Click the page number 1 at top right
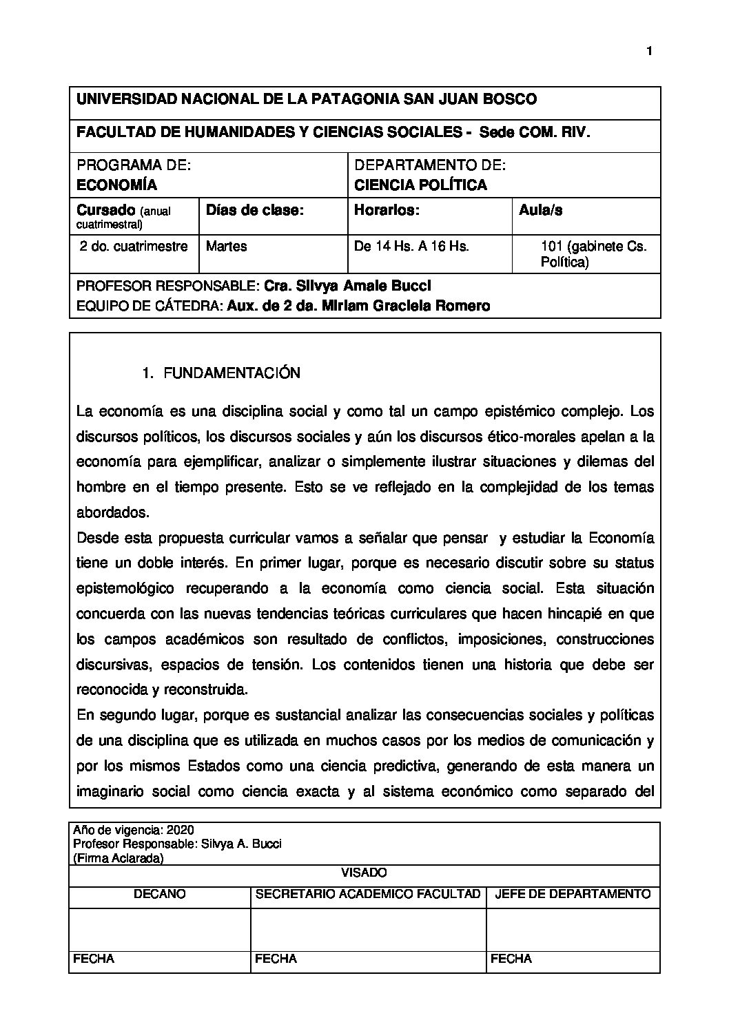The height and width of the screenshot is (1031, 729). click(x=649, y=51)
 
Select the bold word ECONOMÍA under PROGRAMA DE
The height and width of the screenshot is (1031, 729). click(x=116, y=185)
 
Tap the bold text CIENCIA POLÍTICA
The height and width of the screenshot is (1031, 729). click(x=420, y=185)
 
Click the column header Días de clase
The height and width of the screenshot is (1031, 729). click(x=255, y=211)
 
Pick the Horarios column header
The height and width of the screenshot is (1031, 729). click(x=387, y=211)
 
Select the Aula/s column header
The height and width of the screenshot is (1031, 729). click(x=540, y=211)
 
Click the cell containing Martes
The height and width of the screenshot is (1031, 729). click(x=226, y=246)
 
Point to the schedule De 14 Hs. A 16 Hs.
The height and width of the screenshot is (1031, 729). click(x=411, y=246)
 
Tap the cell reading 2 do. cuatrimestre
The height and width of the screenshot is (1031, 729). click(x=134, y=246)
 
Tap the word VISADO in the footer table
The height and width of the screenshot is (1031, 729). click(x=364, y=873)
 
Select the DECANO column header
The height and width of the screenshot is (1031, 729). click(x=159, y=894)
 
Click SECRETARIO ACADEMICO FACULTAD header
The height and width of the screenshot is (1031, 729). click(x=368, y=894)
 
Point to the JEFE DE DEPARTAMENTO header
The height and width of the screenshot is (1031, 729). click(x=573, y=894)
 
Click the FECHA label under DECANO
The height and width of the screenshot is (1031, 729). click(x=94, y=958)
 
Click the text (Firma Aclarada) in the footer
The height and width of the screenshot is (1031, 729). click(x=118, y=858)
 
